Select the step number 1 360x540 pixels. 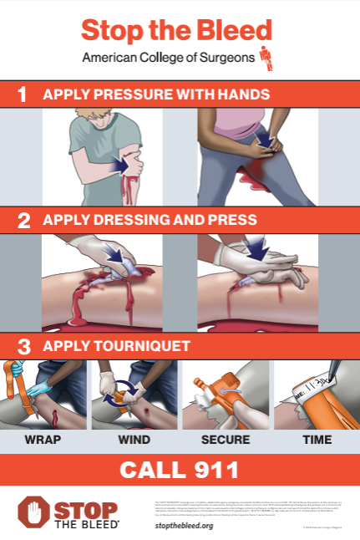tap(23, 94)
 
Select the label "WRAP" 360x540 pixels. tap(43, 439)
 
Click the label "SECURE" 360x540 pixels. tap(224, 439)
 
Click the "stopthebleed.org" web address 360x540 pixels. tap(184, 525)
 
